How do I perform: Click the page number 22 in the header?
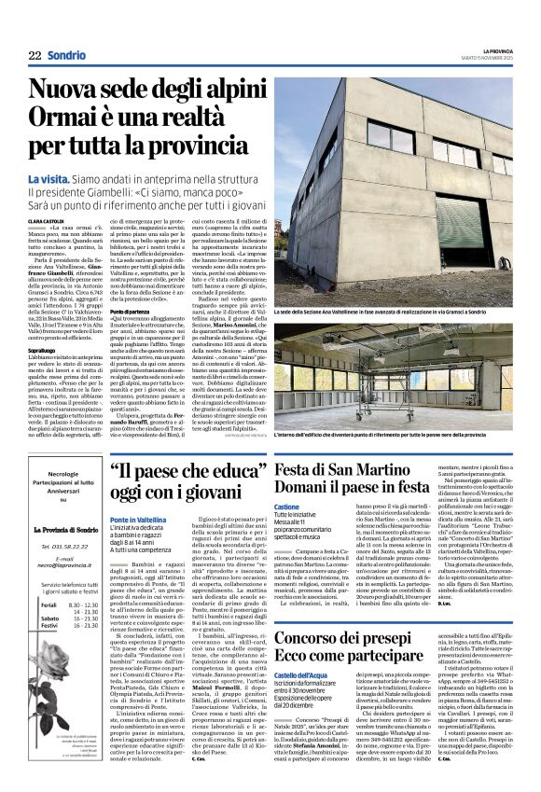tap(35, 56)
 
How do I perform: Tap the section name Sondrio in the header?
tap(66, 56)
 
